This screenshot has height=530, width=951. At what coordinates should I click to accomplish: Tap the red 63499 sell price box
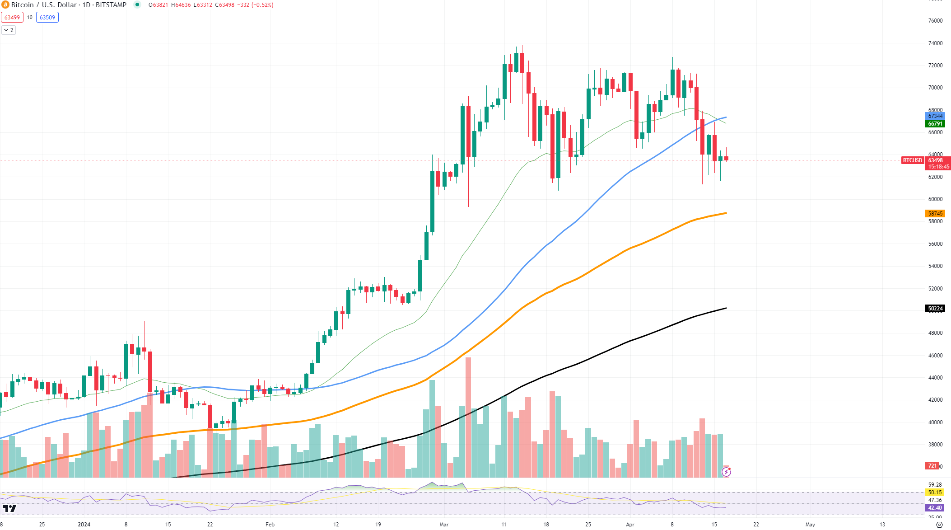coord(12,18)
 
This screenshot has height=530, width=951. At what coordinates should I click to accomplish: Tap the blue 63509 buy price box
coord(47,18)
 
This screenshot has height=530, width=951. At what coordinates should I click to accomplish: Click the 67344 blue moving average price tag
coord(935,116)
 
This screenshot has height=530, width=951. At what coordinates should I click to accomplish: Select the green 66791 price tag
coord(935,124)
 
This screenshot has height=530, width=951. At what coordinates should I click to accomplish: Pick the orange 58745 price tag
coord(935,214)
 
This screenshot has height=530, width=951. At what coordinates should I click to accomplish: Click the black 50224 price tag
coord(935,309)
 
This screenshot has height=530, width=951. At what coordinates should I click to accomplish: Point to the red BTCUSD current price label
coord(912,160)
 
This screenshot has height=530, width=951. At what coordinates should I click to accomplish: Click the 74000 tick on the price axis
coord(935,43)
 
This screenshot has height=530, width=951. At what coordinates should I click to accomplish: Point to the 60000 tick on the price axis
coord(935,199)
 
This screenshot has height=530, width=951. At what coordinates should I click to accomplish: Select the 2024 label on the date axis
coord(84,525)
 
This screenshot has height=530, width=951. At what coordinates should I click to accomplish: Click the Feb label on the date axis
coord(270,525)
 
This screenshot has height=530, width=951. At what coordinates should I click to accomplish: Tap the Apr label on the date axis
coord(630,525)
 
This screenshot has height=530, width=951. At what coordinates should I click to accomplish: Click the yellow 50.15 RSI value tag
coord(935,492)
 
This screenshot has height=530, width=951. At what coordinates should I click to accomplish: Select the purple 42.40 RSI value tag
coord(935,508)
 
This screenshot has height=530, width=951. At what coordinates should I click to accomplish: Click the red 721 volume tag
coord(932,466)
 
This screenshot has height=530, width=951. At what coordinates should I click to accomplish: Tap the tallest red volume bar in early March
coord(468,416)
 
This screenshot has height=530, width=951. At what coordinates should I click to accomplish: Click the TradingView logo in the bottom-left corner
coord(9,509)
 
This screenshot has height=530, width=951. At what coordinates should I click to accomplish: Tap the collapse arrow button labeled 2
coord(9,30)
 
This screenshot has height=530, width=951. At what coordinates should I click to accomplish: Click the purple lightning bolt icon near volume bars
coord(726,472)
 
